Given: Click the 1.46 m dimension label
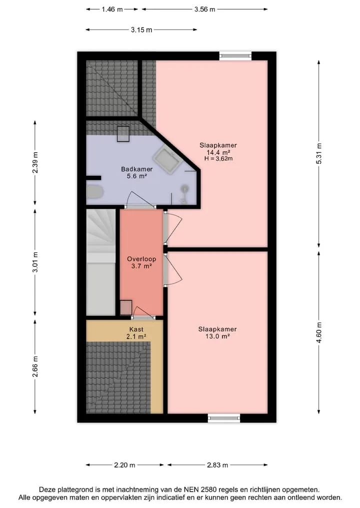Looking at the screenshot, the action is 112,9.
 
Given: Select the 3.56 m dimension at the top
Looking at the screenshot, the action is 204,9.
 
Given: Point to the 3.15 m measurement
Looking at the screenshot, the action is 141,30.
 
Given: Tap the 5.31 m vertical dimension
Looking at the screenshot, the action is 319,153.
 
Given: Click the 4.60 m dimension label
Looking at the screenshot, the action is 319,333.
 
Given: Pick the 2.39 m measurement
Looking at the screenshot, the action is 35,162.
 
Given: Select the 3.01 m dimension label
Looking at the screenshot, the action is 35,262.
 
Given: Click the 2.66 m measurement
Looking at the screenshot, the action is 35,367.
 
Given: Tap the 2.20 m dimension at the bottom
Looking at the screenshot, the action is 124,465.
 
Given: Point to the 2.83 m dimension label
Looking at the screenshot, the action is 217,465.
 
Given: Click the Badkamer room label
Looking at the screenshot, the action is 137,169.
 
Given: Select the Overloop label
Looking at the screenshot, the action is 141,259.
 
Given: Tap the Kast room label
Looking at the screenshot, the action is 136,330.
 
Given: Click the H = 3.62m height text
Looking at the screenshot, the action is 218,159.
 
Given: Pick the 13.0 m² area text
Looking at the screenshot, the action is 217,336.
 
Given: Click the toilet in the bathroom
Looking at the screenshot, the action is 94,192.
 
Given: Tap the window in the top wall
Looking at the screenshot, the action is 235,56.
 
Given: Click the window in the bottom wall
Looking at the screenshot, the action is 224,418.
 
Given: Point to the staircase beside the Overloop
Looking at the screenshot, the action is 101,262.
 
